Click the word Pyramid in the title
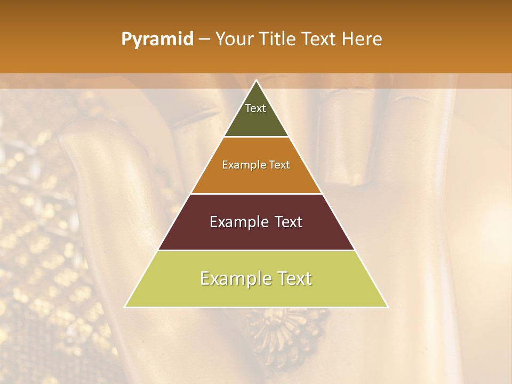157,39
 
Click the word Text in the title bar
318,39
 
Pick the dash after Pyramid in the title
204,39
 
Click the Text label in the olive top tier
255,108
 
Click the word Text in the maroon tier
289,222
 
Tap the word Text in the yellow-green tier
292,278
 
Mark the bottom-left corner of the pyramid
125,307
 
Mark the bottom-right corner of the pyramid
388,307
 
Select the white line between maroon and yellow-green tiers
257,250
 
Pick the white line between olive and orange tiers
257,137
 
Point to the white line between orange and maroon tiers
257,194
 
